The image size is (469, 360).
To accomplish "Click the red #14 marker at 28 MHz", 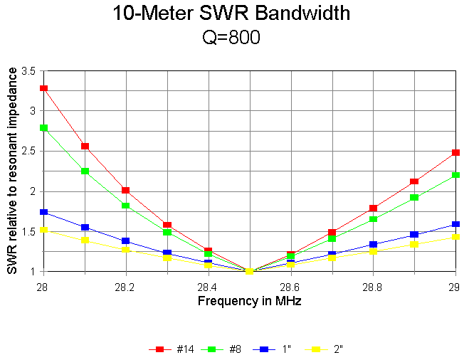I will tap(44, 88).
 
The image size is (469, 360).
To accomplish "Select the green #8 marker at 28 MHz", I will tap(44, 128).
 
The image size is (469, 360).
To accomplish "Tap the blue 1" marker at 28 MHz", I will tap(44, 212).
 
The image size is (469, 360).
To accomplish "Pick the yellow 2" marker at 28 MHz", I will tap(44, 230).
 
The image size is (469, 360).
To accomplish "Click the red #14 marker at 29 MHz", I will tap(455, 152).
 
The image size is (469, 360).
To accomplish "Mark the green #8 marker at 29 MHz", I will tap(455, 174).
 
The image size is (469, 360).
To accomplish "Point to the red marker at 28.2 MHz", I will tap(126, 190).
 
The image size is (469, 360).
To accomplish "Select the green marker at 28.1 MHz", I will tap(85, 171).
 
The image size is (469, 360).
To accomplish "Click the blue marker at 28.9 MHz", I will tap(414, 234).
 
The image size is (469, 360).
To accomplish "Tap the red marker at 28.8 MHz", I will tap(373, 208).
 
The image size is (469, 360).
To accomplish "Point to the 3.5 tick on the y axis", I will tap(28, 71).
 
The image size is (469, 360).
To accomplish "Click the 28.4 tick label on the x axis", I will tap(208, 286).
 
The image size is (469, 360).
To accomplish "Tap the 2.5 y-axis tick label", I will tap(28, 152).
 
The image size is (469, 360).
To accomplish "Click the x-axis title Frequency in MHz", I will tap(249, 300).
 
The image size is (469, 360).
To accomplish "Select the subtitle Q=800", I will tap(232, 38).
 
